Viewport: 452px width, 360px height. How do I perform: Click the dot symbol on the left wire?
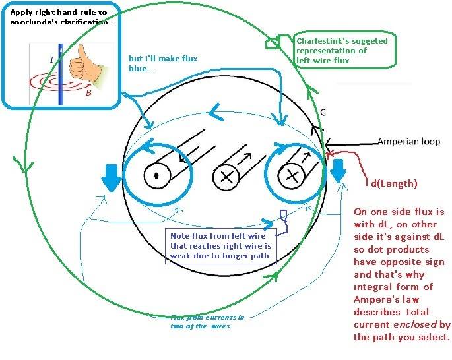pyautogui.click(x=157, y=176)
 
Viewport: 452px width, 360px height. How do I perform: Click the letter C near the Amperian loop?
pyautogui.click(x=323, y=112)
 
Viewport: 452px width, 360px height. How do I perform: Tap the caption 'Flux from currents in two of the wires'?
pyautogui.click(x=207, y=321)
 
